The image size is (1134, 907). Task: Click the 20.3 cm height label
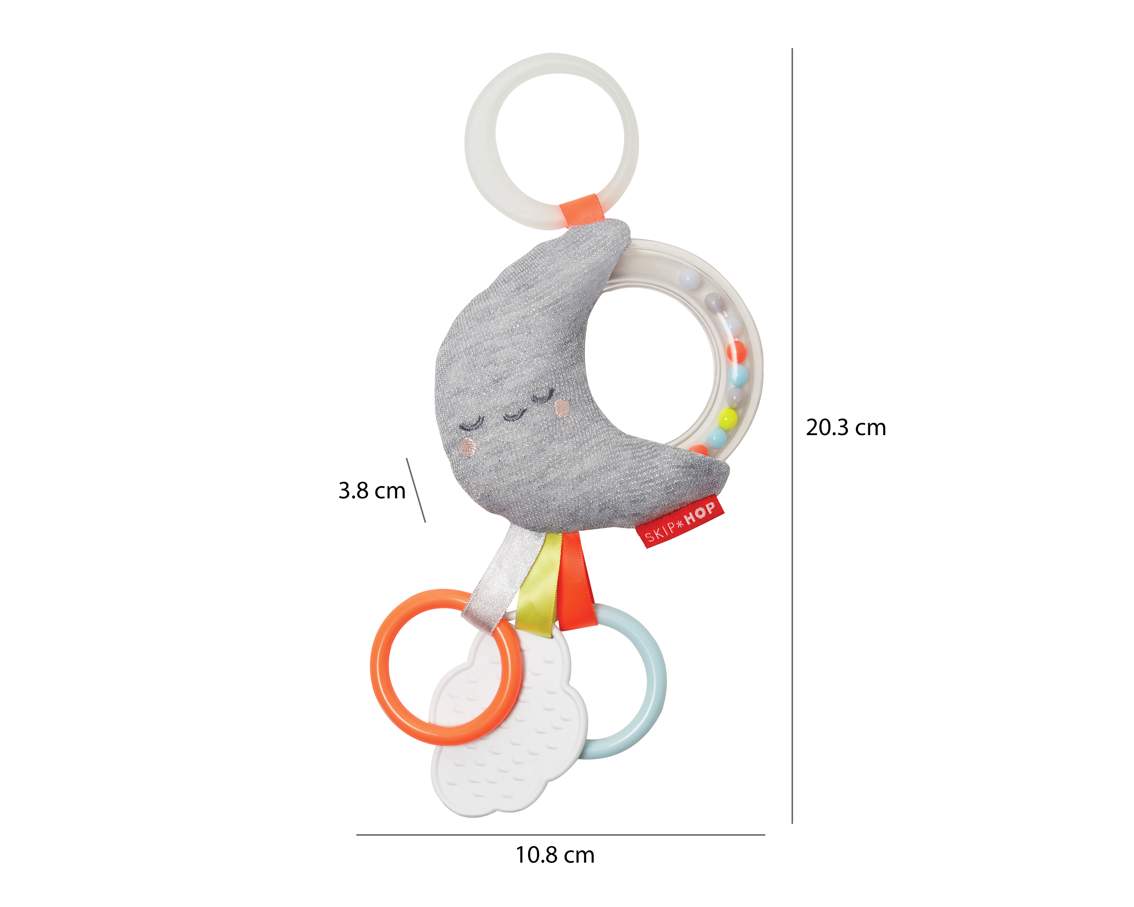pyautogui.click(x=846, y=428)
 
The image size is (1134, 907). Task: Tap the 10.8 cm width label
pyautogui.click(x=555, y=855)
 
